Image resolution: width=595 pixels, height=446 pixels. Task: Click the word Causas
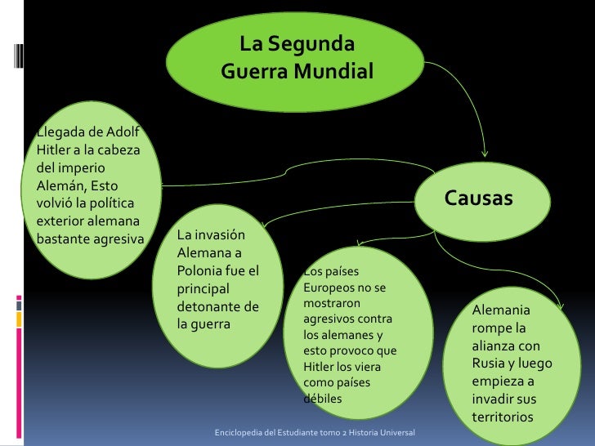point(478,198)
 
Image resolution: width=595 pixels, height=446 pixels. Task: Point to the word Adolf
point(123,134)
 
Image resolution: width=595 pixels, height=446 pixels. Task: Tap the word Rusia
point(490,363)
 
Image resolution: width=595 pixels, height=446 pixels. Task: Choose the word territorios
point(502,417)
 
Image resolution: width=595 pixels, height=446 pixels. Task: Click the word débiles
point(322,399)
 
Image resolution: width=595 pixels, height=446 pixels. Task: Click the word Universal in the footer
point(396,430)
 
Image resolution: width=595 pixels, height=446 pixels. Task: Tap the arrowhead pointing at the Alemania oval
point(559,306)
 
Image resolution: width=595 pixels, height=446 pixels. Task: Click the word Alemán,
point(59,187)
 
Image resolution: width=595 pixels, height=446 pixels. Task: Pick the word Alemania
point(500,310)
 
